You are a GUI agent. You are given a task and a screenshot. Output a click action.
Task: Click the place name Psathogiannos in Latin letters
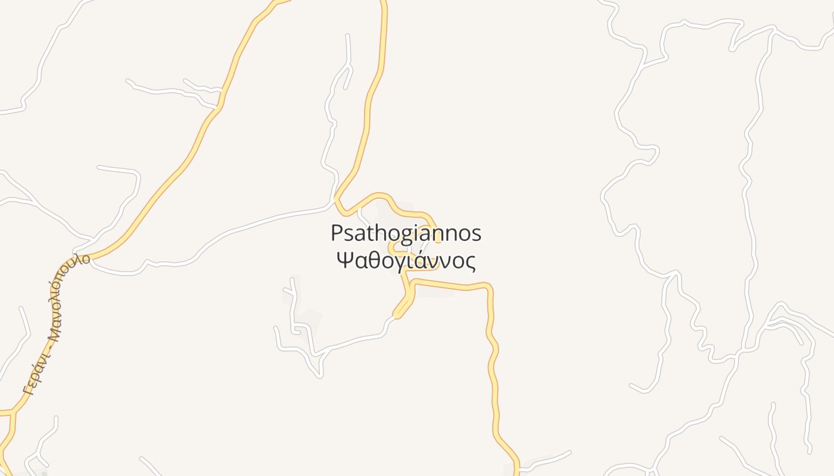(406, 234)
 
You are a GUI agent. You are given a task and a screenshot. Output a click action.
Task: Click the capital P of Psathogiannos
(337, 233)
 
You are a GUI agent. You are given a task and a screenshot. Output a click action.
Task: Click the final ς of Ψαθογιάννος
(471, 262)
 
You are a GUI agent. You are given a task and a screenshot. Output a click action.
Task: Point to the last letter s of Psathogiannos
(476, 234)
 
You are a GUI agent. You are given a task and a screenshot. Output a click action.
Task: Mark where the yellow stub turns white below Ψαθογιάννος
(394, 316)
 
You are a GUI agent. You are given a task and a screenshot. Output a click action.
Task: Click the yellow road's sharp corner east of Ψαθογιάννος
(490, 287)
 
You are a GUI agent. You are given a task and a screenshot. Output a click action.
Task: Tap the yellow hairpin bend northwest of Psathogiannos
(337, 198)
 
